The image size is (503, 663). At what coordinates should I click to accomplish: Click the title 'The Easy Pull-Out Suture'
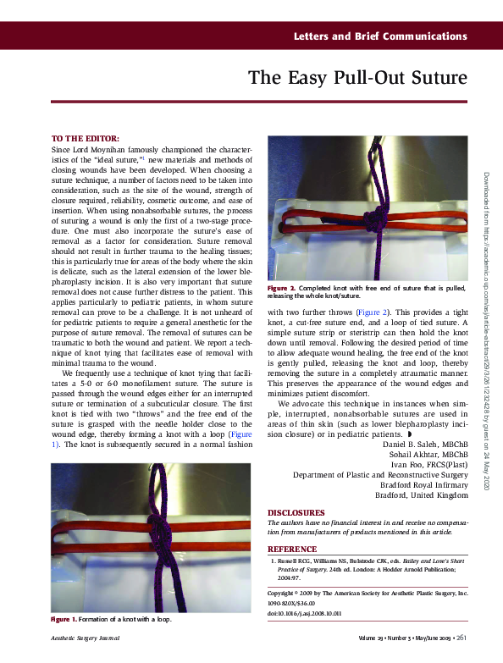357,79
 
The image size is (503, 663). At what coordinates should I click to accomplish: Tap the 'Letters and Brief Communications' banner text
380,36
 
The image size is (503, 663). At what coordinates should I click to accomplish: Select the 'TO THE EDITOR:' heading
85,138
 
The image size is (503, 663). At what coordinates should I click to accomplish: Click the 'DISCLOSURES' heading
296,512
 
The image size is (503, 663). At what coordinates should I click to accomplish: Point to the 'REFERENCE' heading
292,549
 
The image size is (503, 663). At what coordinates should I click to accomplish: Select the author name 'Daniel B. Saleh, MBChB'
426,444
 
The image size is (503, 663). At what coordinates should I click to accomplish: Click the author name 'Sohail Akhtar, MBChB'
428,455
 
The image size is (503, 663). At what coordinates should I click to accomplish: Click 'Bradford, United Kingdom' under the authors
421,495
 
